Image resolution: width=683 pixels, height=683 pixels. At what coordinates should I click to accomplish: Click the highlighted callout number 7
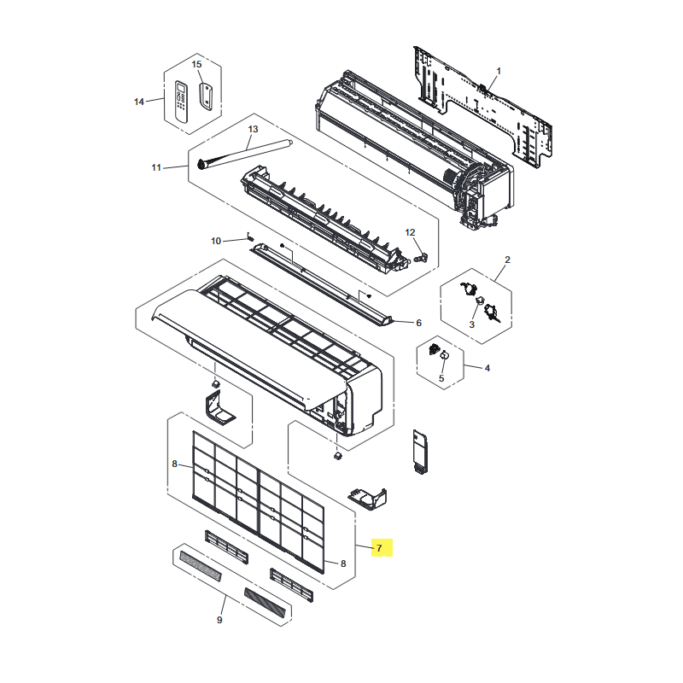[x=379, y=548]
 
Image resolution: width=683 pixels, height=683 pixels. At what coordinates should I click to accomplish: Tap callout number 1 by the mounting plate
[x=499, y=71]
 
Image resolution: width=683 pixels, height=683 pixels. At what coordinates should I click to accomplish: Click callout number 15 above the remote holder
[x=197, y=65]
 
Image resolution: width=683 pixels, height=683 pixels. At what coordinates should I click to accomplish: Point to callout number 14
[x=139, y=102]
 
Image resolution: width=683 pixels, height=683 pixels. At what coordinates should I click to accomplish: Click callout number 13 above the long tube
[x=253, y=129]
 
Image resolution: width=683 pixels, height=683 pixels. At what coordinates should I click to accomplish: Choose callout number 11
[x=156, y=167]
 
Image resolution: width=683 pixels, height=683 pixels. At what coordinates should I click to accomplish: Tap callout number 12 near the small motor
[x=410, y=232]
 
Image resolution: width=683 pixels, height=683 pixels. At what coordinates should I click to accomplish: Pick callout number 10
[x=216, y=241]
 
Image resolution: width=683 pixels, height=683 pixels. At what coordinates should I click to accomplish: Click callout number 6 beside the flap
[x=418, y=323]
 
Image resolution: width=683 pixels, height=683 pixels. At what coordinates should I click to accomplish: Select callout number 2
[x=507, y=260]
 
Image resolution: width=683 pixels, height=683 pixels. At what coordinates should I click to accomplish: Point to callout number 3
[x=472, y=324]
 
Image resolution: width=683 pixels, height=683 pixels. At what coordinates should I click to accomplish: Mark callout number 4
[x=487, y=368]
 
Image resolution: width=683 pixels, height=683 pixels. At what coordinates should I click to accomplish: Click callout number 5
[x=441, y=378]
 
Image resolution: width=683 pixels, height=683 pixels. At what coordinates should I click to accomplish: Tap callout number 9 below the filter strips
[x=219, y=620]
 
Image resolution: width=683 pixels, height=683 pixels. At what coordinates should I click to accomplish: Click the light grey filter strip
[x=201, y=565]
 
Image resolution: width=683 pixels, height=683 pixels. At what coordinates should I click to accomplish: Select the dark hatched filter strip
[x=265, y=603]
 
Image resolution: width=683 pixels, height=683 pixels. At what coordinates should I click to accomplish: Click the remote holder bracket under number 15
[x=206, y=96]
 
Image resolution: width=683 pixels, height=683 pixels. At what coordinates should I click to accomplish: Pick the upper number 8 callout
[x=175, y=464]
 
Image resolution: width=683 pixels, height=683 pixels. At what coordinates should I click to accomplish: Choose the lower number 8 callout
[x=343, y=563]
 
